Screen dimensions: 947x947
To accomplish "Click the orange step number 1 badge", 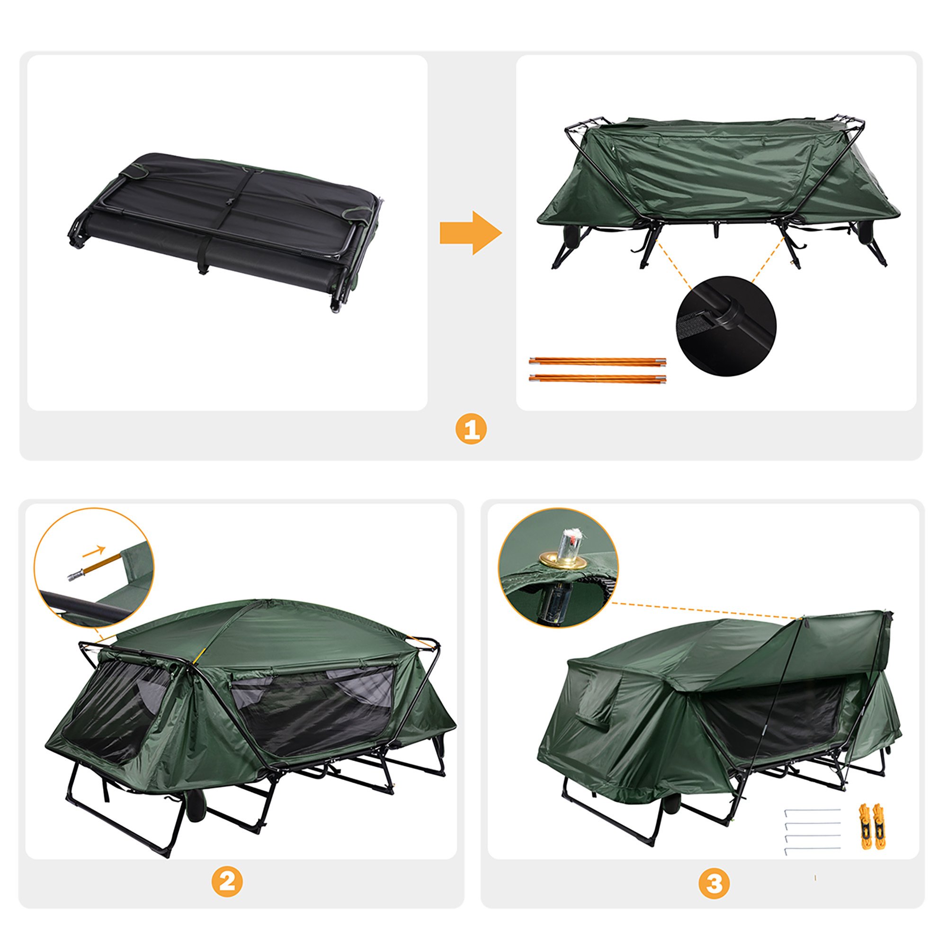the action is (x=471, y=430).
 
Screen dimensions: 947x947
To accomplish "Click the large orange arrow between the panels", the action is (x=471, y=233).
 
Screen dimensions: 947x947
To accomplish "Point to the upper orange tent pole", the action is (x=598, y=362).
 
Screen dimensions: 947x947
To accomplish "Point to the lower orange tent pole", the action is (x=598, y=378).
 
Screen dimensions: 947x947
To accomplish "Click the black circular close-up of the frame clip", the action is (x=726, y=325).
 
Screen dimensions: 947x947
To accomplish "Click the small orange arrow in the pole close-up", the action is (x=94, y=552).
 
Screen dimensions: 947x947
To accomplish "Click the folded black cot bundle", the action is (x=224, y=231).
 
